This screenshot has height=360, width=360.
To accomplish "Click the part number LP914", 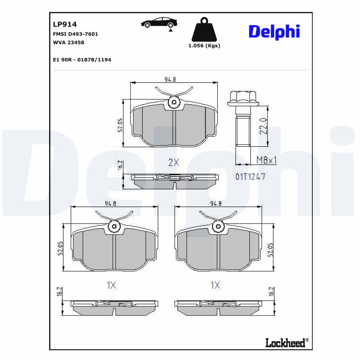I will [x=63, y=25].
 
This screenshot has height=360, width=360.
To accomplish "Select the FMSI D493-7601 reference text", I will [x=76, y=34].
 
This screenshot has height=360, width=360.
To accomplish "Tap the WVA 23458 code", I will [x=69, y=42].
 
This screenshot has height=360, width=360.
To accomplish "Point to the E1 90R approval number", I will [x=82, y=59].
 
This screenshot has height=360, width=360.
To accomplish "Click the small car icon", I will [x=158, y=23].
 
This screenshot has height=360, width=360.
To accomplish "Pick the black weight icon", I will [x=204, y=30].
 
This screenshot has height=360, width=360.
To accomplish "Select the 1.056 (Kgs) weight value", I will [x=204, y=45].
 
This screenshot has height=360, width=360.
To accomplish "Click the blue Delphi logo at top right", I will [x=274, y=31].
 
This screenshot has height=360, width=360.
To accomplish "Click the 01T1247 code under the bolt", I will [x=250, y=177].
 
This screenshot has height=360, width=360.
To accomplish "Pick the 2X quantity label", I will [x=173, y=163].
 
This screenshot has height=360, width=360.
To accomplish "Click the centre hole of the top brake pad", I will [x=174, y=103].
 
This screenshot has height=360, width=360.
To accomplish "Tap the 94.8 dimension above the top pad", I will [x=170, y=80].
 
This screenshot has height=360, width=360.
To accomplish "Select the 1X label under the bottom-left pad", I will [x=112, y=285].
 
